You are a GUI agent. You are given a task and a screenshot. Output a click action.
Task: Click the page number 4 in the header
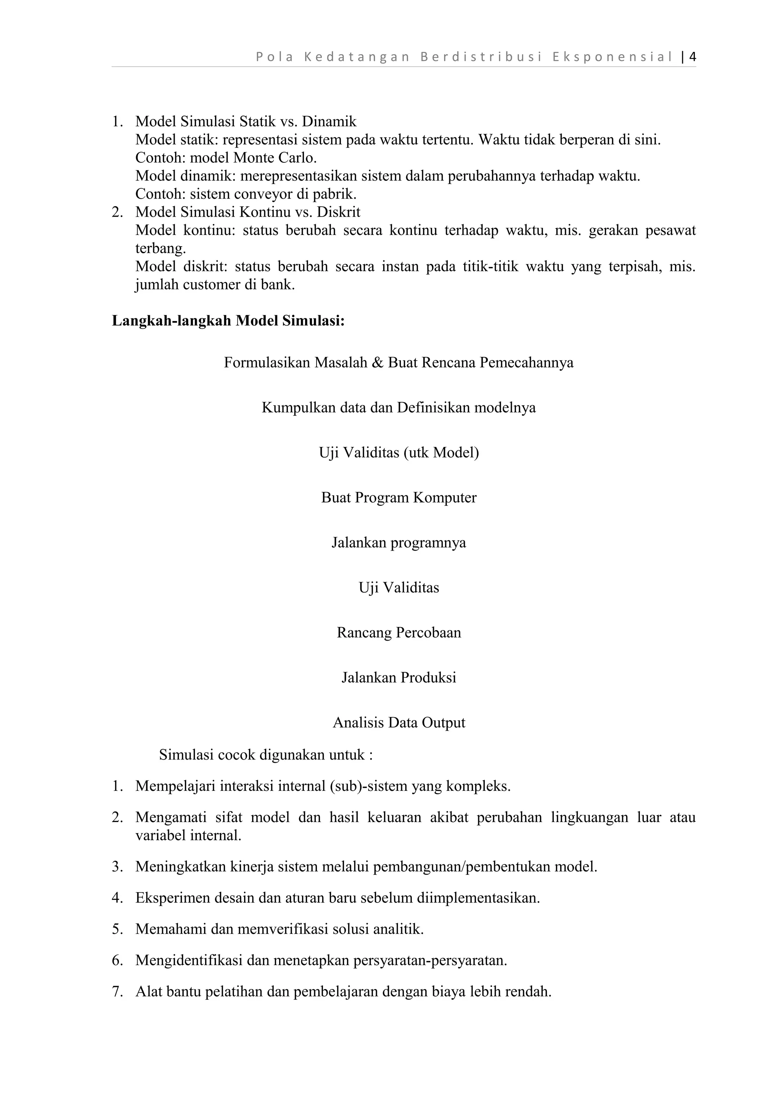tap(693, 57)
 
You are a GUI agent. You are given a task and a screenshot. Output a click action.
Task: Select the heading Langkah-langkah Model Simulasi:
tap(228, 321)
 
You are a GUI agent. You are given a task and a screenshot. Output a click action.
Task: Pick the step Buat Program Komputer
tap(399, 498)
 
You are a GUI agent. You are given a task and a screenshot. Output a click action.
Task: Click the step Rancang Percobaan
tap(399, 633)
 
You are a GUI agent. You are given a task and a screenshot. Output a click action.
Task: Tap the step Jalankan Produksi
tap(399, 678)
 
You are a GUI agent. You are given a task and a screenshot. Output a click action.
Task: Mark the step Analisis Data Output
tap(399, 723)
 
